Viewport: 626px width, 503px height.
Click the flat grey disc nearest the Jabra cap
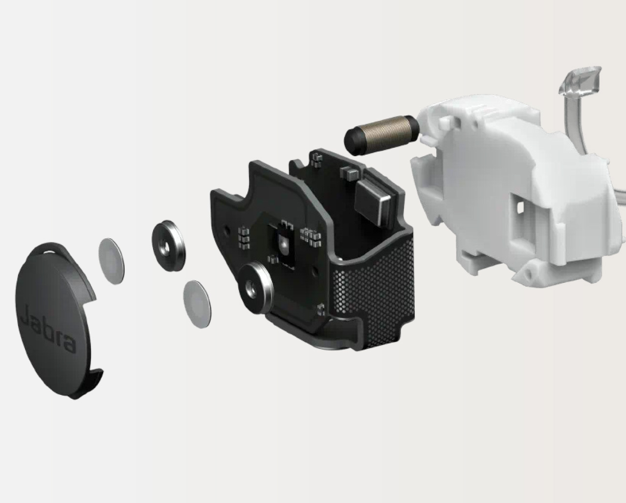[112, 261]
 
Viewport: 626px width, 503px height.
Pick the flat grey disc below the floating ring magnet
[197, 304]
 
